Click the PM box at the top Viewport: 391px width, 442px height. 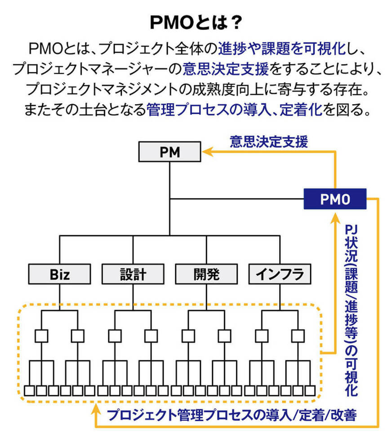tap(169, 152)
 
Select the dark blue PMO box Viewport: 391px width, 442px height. tap(335, 199)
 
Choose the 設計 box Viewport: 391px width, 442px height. tap(133, 274)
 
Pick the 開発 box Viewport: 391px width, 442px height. tap(206, 274)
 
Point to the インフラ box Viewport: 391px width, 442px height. tap(280, 274)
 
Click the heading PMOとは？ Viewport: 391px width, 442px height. tap(195, 22)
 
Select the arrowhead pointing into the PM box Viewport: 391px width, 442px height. tap(205, 153)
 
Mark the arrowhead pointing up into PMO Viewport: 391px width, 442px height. tap(335, 218)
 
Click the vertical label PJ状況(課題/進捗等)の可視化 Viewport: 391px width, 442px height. tap(351, 310)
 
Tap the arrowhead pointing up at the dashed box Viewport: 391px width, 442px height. tap(96, 408)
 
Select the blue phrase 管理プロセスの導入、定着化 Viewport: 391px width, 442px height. tap(234, 110)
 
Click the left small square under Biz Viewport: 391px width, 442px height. tap(41, 336)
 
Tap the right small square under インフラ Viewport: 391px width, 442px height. tap(298, 336)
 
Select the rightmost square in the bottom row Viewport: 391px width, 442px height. tap(310, 390)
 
